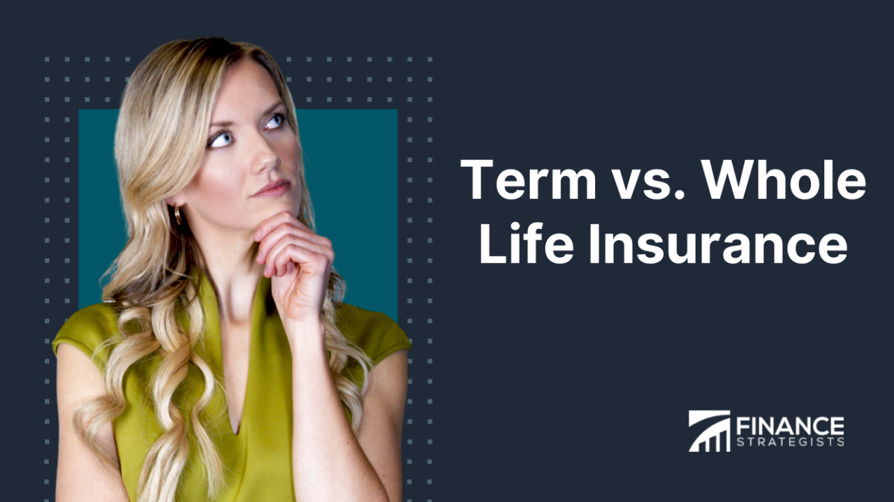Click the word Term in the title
(x=528, y=180)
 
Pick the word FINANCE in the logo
(x=789, y=425)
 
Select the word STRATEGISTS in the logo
(x=789, y=441)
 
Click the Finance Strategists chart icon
(x=709, y=431)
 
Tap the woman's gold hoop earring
(x=177, y=215)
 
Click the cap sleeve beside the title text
(x=381, y=339)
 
